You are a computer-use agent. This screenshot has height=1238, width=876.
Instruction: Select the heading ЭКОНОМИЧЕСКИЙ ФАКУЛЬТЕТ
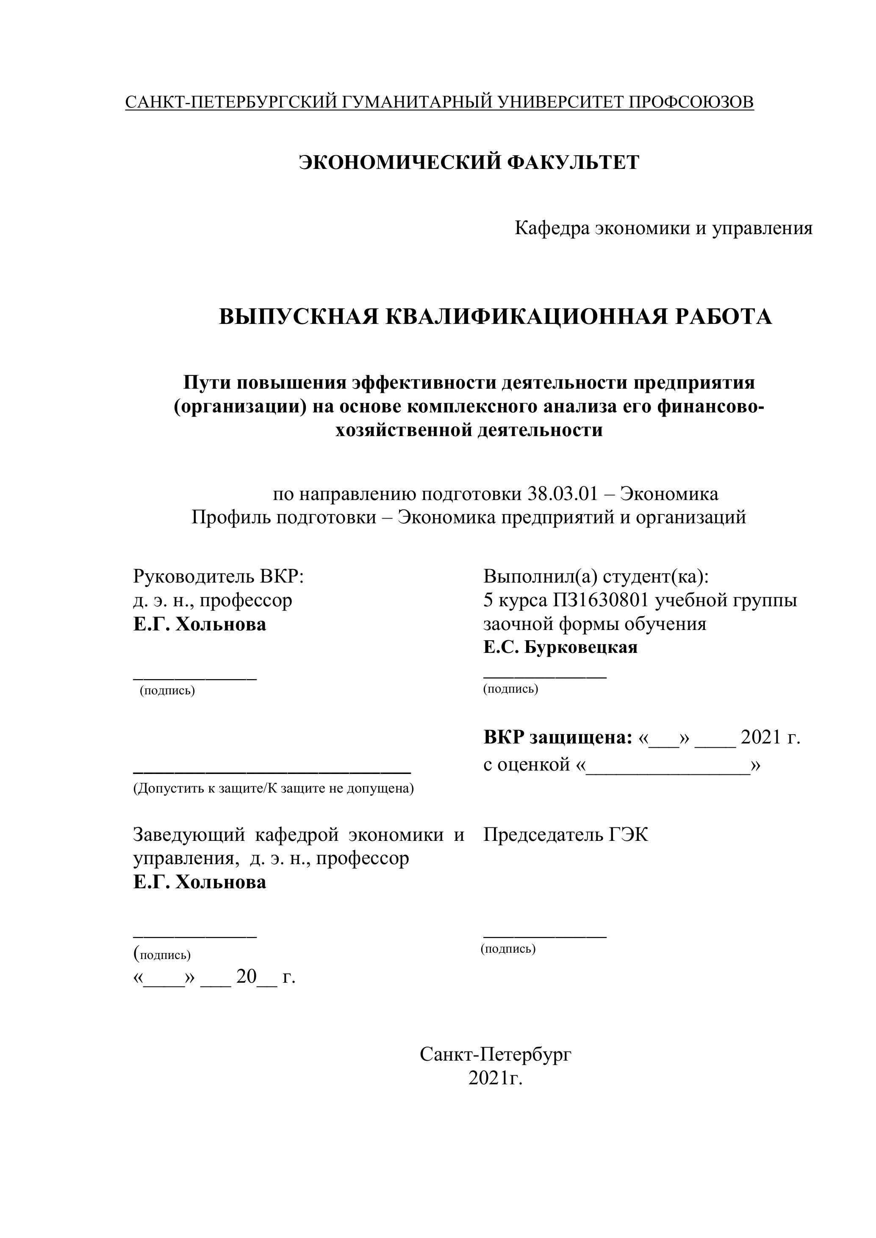(469, 162)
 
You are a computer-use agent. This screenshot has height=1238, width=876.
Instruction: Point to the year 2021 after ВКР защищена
(760, 737)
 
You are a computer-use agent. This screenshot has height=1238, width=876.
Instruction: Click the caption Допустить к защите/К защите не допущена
(274, 788)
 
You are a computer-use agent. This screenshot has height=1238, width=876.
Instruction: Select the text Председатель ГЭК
(566, 835)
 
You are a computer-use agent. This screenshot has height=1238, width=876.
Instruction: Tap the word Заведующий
(188, 835)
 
